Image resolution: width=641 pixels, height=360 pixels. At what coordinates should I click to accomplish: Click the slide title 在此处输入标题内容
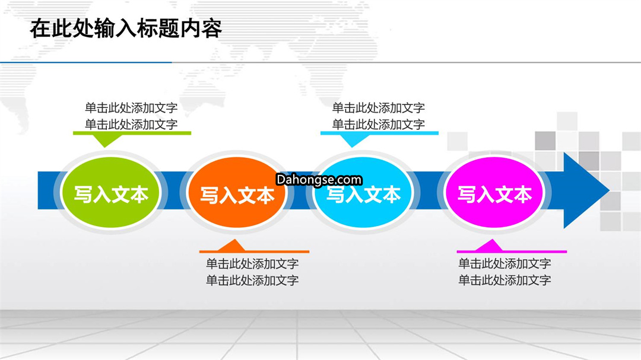click(x=126, y=28)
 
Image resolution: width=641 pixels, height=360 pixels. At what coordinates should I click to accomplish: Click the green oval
click(x=110, y=192)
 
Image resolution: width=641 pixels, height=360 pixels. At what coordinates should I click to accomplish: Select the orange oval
click(x=237, y=192)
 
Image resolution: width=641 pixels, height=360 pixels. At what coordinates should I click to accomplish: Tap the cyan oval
click(x=363, y=192)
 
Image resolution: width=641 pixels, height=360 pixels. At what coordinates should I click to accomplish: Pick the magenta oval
click(x=494, y=192)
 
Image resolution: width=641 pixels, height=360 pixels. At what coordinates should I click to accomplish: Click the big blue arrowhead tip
click(x=609, y=190)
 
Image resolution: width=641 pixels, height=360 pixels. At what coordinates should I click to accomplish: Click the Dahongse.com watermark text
click(x=319, y=180)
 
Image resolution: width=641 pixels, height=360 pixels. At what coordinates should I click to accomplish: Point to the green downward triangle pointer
click(x=106, y=140)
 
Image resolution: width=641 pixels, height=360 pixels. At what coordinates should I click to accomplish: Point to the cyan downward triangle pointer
click(x=352, y=140)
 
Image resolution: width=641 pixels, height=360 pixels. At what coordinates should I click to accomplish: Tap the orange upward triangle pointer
click(x=233, y=246)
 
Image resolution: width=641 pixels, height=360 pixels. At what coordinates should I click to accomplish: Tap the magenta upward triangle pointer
click(x=489, y=246)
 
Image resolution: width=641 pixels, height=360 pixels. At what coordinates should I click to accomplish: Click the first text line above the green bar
click(x=131, y=108)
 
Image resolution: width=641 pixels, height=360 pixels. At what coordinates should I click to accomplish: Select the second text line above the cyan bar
click(x=379, y=124)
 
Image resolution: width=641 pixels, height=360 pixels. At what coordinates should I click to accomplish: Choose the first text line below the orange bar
click(x=252, y=263)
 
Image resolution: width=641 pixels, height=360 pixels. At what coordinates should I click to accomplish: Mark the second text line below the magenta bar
click(x=505, y=280)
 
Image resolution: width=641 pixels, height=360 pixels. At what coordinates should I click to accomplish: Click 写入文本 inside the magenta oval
click(x=494, y=195)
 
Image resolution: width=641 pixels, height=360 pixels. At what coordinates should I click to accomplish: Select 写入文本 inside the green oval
click(x=111, y=195)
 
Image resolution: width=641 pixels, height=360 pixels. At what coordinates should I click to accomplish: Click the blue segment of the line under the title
click(x=86, y=62)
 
